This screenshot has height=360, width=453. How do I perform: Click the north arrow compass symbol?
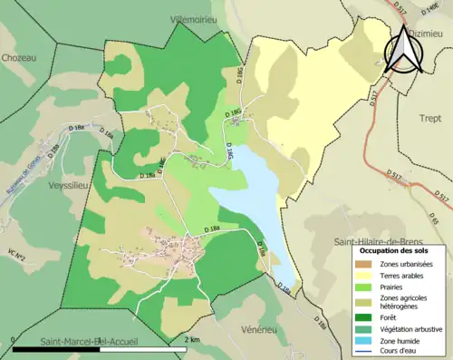coord(404,51)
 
